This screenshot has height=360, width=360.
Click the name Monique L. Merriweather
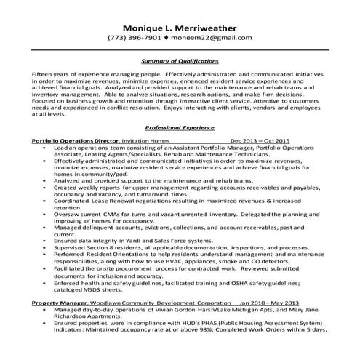click(180, 24)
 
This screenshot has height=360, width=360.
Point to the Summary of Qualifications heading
click(179, 62)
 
